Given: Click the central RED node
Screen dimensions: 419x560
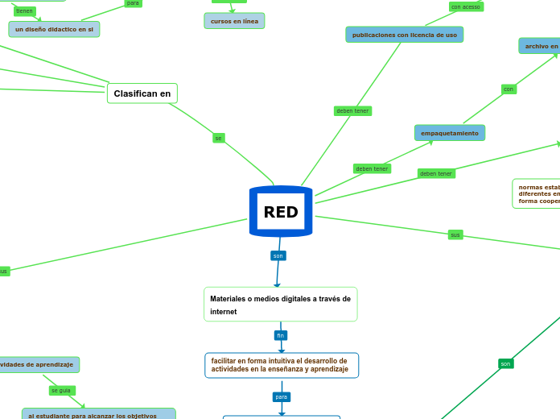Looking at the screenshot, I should [x=281, y=212].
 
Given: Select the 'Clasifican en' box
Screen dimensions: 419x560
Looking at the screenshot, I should [x=142, y=93].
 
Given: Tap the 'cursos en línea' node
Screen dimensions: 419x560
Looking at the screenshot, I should [x=234, y=21].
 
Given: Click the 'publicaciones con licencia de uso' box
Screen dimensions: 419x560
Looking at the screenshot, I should [x=404, y=35].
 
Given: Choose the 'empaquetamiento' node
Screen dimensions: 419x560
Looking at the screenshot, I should [x=450, y=133].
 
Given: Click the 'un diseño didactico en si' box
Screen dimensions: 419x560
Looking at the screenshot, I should [x=54, y=29].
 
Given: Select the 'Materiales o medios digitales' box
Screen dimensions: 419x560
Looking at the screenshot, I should [x=280, y=305].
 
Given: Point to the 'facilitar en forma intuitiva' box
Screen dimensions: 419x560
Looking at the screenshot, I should [x=281, y=365].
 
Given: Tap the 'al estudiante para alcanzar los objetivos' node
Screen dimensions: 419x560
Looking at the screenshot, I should [x=99, y=415].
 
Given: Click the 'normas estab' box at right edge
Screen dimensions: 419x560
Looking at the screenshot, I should [x=537, y=193].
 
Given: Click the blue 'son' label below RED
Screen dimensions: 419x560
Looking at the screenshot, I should [x=278, y=255].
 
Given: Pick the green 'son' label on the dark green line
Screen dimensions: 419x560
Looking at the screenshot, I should [x=505, y=363].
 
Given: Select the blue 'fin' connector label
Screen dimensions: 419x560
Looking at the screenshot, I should [x=281, y=335].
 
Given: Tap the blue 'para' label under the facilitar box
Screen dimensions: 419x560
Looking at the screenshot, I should [x=282, y=396].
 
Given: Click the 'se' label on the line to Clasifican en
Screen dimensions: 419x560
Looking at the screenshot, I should [x=218, y=138].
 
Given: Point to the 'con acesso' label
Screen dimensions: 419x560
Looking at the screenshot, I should [x=465, y=6].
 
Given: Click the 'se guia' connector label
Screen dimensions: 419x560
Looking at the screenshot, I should [x=61, y=390].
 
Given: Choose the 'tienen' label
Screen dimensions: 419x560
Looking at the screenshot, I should [x=25, y=11].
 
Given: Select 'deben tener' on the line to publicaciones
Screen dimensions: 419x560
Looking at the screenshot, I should [x=352, y=110].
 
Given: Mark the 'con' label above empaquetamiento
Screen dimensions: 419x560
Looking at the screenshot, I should [x=509, y=89].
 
